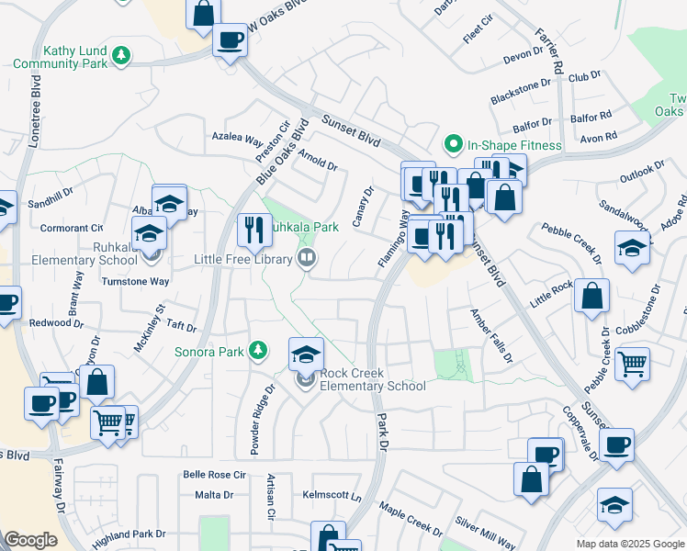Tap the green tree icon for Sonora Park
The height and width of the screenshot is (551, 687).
click(259, 350)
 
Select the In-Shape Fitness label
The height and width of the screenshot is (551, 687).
click(513, 145)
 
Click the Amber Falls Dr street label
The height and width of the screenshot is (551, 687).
click(490, 335)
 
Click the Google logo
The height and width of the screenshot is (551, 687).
click(30, 539)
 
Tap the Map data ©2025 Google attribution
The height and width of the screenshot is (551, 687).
click(630, 544)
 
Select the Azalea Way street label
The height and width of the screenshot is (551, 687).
click(237, 140)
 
